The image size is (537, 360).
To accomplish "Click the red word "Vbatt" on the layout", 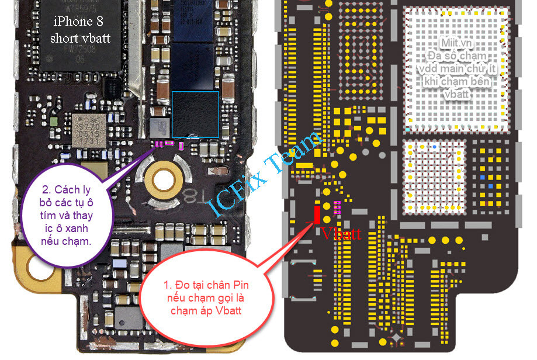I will (x=341, y=234).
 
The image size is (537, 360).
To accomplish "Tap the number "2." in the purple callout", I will (x=47, y=189).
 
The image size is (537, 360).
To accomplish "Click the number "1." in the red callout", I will (x=168, y=285).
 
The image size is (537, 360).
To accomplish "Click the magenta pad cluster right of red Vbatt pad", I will (x=337, y=206).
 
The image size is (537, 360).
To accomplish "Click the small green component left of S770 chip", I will (x=54, y=122).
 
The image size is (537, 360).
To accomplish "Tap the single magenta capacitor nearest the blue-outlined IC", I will (x=181, y=146).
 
